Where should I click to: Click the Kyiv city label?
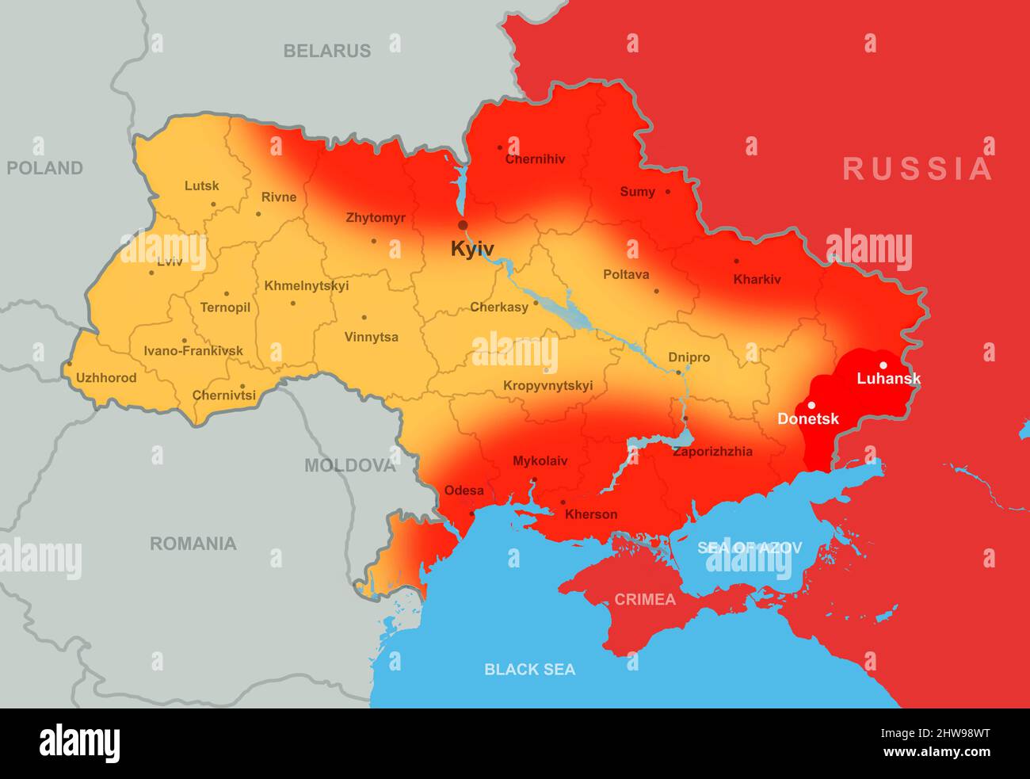472,249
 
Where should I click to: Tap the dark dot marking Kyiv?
463,225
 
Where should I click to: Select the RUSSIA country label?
917,169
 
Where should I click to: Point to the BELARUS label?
327,51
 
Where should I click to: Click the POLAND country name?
45,168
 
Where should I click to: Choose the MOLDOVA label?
349,465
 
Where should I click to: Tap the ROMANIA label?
193,544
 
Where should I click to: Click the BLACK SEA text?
530,670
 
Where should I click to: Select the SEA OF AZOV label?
750,548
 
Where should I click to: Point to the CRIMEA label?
646,600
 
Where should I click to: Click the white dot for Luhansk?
883,365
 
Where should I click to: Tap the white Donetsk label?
807,419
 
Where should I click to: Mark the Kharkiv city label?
757,279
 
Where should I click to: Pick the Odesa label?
463,491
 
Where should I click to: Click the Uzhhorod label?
106,378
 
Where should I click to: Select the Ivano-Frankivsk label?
193,351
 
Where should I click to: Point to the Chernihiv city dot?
500,147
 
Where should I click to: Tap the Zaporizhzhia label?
712,452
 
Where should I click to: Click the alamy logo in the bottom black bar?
80,744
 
